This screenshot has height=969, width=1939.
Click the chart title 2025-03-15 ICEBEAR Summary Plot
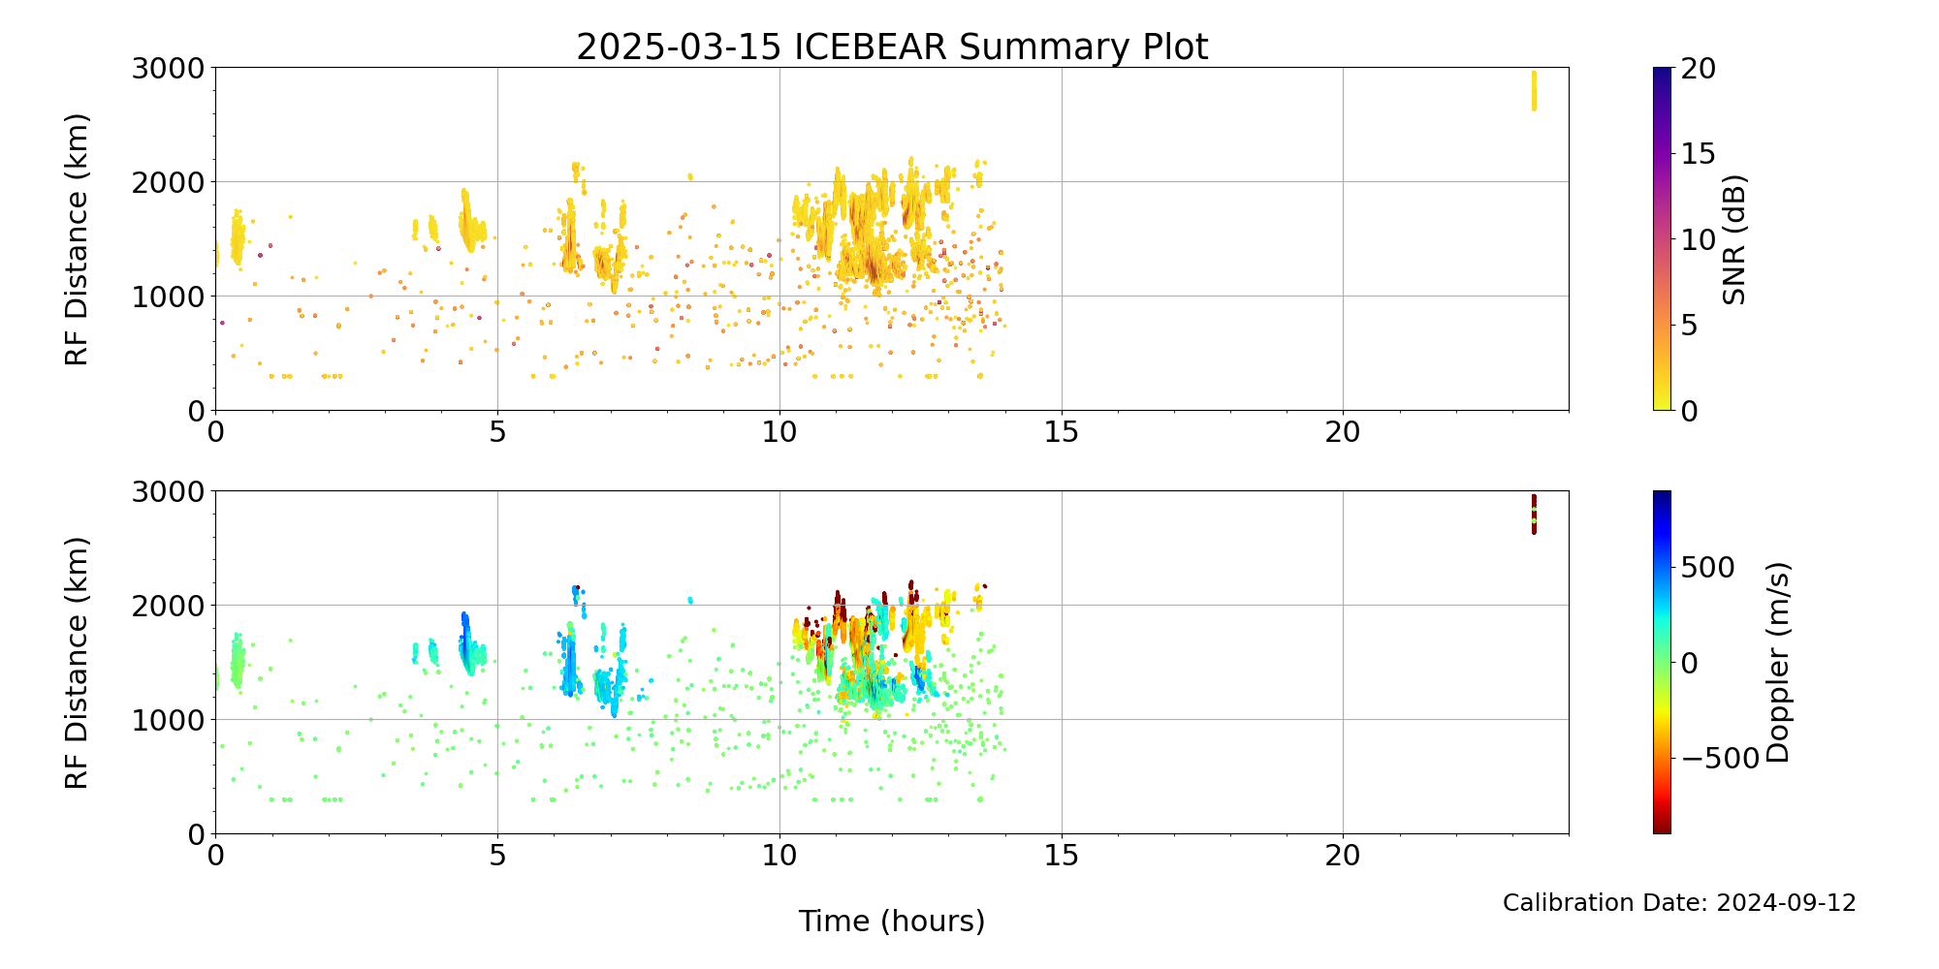click(892, 47)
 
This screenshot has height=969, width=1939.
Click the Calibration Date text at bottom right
click(1678, 903)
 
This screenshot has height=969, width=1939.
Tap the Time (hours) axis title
click(892, 922)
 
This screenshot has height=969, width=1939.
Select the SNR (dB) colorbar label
click(1733, 239)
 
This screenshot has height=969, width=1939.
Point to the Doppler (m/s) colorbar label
click(1777, 663)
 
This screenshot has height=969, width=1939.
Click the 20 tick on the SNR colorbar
click(1698, 68)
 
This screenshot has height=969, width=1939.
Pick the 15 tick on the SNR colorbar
click(1698, 153)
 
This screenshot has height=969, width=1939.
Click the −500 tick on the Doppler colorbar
click(1716, 759)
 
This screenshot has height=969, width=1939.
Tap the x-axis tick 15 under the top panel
click(1062, 432)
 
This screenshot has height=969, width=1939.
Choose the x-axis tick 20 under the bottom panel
click(1343, 856)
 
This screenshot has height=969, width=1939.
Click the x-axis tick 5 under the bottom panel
click(497, 856)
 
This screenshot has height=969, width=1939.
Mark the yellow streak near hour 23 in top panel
click(1534, 90)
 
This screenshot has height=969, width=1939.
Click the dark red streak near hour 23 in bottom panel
click(1534, 514)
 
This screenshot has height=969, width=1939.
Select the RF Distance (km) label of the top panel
click(77, 239)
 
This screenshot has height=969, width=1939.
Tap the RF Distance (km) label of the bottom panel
click(77, 663)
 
